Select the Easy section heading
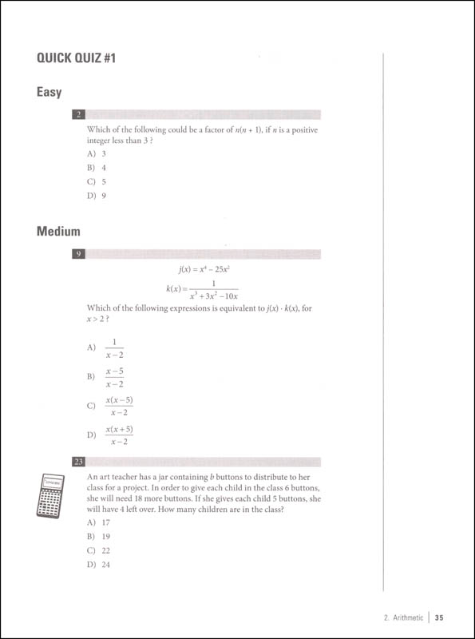[x=49, y=92]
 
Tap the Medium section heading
[x=58, y=232]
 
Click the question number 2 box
[x=77, y=114]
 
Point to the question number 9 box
[x=77, y=254]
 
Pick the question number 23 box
[x=77, y=462]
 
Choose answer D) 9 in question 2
[x=96, y=196]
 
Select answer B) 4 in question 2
[x=96, y=167]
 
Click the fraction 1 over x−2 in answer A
[x=114, y=347]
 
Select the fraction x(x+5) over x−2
[x=119, y=435]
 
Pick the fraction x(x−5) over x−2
[x=119, y=406]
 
